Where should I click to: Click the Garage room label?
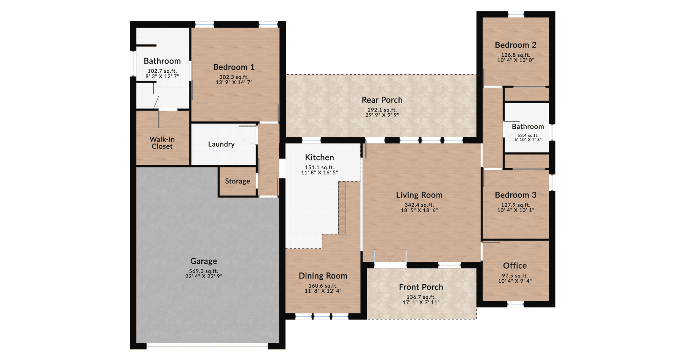click(x=204, y=261)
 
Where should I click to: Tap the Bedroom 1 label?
click(x=234, y=67)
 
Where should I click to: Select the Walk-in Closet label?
click(x=162, y=143)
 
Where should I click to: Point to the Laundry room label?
click(x=221, y=144)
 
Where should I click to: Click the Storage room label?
click(x=237, y=181)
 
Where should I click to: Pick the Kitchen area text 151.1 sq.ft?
click(x=319, y=167)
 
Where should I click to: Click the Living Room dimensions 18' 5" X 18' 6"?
click(x=419, y=210)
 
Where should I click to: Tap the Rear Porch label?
click(x=382, y=100)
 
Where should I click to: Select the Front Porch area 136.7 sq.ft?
click(x=421, y=297)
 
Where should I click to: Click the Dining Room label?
click(x=323, y=276)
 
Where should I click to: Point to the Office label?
click(x=515, y=266)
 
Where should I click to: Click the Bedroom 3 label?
click(x=515, y=195)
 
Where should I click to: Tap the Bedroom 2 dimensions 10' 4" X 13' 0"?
click(x=515, y=60)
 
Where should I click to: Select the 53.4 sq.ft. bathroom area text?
click(x=527, y=135)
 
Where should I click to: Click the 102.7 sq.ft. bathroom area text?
click(x=162, y=71)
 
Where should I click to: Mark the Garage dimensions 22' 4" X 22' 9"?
click(x=204, y=276)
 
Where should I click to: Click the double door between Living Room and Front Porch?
click(x=390, y=259)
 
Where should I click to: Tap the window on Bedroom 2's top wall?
click(x=516, y=14)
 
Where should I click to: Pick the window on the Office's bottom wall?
click(x=515, y=304)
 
